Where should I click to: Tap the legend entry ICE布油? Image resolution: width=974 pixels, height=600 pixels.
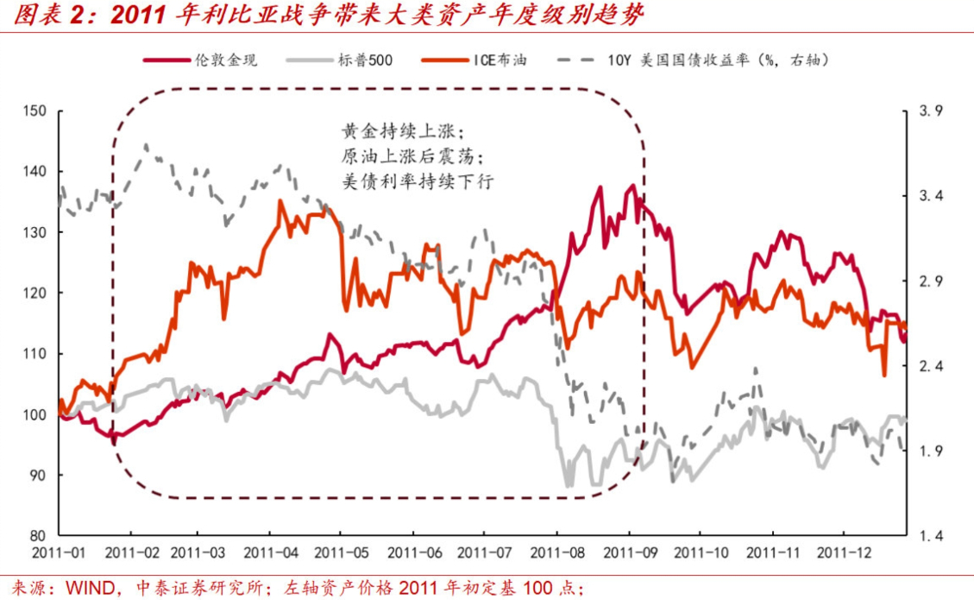[498, 60]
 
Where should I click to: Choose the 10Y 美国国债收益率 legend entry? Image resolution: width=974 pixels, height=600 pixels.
[717, 60]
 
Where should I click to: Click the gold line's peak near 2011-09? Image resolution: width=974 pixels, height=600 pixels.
[632, 185]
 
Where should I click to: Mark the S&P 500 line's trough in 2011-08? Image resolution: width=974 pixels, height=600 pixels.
[569, 486]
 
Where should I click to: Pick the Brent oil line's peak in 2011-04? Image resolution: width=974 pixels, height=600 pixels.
[280, 201]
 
